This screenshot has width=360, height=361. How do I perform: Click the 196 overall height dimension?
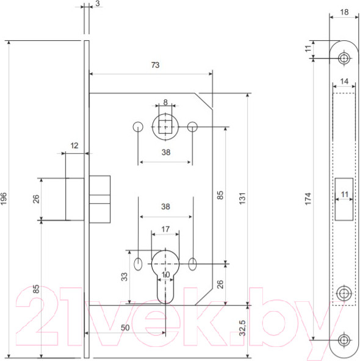pos(4,198)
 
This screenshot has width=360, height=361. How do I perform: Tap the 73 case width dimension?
pos(155,65)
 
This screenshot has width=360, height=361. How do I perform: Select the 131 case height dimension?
pos(242,198)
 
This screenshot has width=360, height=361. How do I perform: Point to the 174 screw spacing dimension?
pos(308,198)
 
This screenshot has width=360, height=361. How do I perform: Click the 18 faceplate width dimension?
pos(344,12)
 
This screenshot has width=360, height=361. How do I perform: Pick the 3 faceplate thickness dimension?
pos(98,4)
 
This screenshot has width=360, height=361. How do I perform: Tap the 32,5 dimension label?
pos(242,328)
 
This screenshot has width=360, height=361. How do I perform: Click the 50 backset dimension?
pos(125,327)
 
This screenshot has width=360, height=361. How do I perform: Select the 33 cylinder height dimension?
pos(124,277)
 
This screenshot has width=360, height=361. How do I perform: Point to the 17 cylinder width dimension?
pos(165,229)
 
